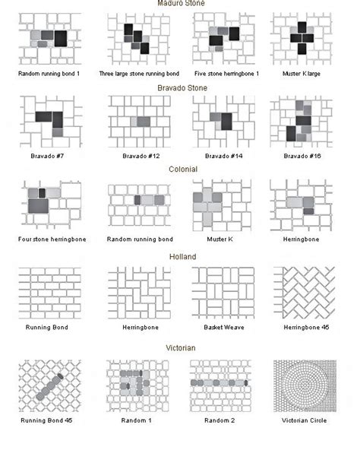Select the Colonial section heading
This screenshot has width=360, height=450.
click(182, 170)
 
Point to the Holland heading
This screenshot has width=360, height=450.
click(182, 257)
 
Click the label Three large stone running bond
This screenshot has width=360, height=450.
click(140, 74)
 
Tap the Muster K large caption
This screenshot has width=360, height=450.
click(302, 74)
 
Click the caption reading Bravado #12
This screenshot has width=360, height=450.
click(138, 157)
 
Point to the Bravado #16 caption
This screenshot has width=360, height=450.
click(302, 157)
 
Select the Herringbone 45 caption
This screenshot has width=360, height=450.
click(302, 328)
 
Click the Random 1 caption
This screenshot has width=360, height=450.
click(138, 420)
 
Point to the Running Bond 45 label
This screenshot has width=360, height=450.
click(51, 420)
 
